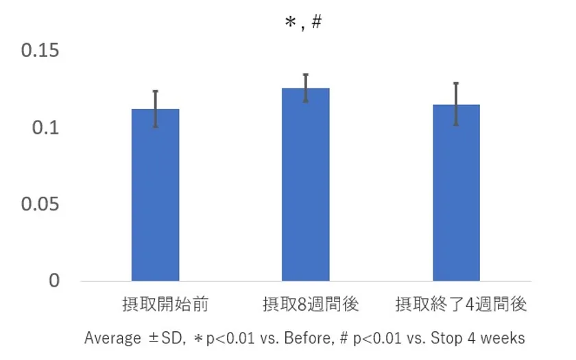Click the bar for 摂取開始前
[x=155, y=195]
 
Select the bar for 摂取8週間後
[x=306, y=185]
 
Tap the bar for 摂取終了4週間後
[x=456, y=193]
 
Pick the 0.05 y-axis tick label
[x=40, y=204]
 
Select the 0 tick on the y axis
[x=54, y=281]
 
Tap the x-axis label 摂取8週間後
[x=311, y=304]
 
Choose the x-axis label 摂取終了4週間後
[x=461, y=304]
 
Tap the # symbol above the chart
[x=316, y=22]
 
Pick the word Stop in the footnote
[x=444, y=338]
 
